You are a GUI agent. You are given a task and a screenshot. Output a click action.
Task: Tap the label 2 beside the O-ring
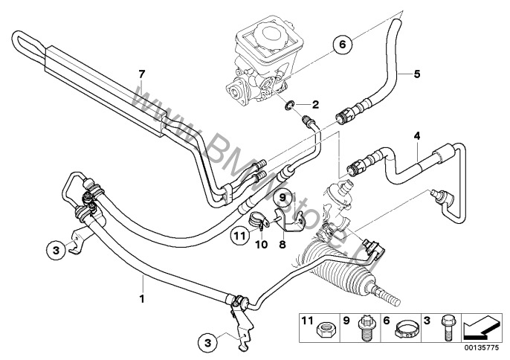tap(314, 104)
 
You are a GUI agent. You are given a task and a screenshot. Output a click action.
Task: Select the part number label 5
tap(417, 73)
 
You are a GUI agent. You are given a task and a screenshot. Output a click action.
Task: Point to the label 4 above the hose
tap(417, 135)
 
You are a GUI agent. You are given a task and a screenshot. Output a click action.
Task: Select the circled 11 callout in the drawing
tap(238, 236)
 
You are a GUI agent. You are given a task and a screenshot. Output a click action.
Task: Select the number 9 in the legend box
tap(346, 321)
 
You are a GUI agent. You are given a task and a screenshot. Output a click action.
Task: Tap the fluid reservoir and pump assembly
tap(264, 63)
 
